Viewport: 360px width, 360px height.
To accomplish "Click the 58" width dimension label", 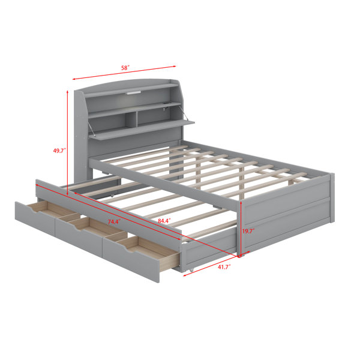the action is (x=125, y=68).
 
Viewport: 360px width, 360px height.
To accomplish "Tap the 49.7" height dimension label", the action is (x=59, y=151).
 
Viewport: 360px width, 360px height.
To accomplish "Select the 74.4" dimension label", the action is (x=115, y=222).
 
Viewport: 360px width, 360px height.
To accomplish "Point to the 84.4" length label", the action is (x=164, y=221).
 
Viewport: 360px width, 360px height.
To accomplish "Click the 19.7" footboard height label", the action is (x=248, y=231).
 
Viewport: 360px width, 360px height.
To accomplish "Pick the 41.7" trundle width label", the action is (x=224, y=267).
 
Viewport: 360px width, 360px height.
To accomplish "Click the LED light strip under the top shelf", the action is (x=133, y=93).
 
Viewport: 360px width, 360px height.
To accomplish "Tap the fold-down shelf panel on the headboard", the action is (x=142, y=130).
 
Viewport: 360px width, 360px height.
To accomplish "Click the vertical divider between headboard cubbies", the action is (x=131, y=120).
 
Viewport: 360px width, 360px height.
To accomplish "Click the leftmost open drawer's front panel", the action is (x=35, y=218).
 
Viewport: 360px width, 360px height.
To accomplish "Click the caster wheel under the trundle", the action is (x=192, y=270).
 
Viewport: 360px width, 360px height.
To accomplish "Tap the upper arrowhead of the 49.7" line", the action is (x=67, y=92).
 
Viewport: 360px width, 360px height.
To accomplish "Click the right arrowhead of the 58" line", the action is (x=174, y=67).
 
